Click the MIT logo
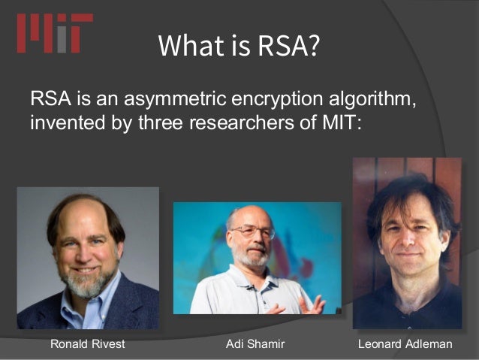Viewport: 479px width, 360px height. (55, 34)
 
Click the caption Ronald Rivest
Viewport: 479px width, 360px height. (87, 344)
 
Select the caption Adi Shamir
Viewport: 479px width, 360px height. (256, 344)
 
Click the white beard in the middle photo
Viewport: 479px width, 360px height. (252, 259)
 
